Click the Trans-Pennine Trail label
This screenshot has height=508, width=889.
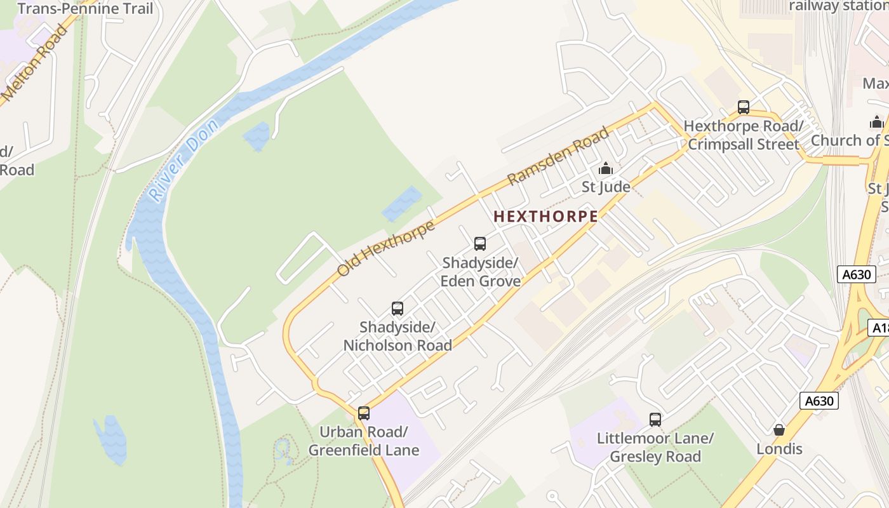[85, 8]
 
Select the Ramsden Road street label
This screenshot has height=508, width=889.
[559, 156]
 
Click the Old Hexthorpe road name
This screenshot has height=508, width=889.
[385, 248]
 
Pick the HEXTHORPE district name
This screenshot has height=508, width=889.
[545, 217]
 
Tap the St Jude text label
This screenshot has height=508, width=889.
[606, 187]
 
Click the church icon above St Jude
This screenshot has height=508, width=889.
[606, 169]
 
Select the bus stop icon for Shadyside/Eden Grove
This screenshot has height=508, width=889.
[480, 243]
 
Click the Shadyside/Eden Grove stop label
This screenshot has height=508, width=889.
[481, 272]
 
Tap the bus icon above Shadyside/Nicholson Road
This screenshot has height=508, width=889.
[398, 309]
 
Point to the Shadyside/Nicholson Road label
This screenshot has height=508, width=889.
[398, 337]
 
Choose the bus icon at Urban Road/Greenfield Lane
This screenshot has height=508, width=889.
[364, 413]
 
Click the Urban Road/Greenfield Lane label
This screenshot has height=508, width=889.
[364, 441]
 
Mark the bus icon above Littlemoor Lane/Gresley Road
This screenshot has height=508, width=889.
[655, 420]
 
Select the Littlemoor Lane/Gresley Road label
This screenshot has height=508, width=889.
[655, 448]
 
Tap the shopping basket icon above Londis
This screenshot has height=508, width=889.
[779, 430]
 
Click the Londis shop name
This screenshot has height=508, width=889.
[779, 449]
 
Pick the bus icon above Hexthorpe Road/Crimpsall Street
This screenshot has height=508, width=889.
[744, 107]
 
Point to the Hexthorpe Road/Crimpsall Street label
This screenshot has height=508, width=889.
[744, 135]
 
